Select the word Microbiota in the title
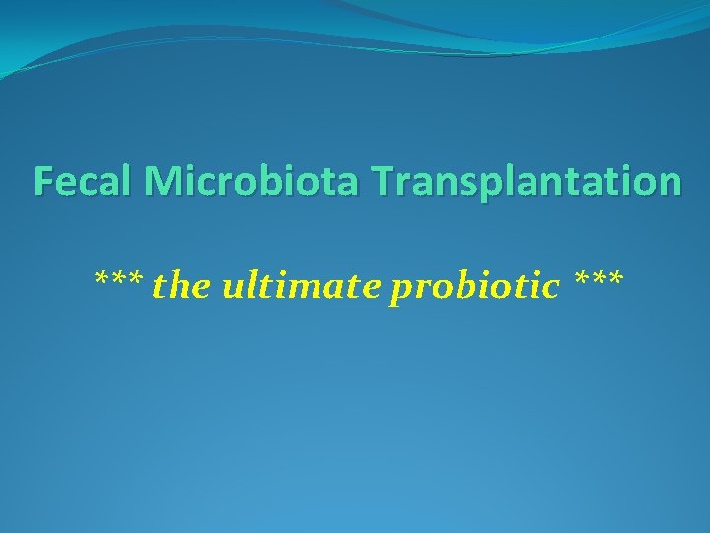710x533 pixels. click(248, 182)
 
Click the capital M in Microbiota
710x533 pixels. click(163, 182)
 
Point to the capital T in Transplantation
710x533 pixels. click(383, 182)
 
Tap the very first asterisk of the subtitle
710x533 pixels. click(102, 280)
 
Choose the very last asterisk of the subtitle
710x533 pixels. click(614, 280)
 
